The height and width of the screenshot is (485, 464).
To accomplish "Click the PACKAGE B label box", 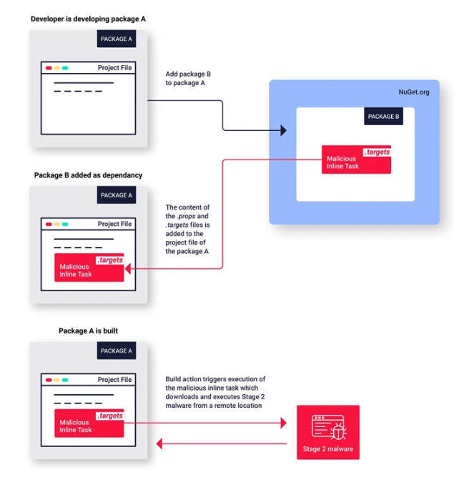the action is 383,117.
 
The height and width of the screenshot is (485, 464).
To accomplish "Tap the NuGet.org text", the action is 414,92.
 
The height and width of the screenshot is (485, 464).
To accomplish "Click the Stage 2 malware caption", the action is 328,449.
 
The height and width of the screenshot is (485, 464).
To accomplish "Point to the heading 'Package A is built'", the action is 88,330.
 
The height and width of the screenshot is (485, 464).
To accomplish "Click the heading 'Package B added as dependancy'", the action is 88,175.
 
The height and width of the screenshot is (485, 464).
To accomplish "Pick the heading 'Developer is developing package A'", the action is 88,19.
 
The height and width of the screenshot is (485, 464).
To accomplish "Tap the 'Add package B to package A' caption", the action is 188,78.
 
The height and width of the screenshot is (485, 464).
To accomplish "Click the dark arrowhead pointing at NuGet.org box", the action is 283,130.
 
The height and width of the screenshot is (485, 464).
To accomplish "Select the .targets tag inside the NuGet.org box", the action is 377,152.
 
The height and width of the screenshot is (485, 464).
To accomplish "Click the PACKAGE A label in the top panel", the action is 117,39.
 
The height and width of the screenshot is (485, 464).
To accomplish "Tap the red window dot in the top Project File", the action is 49,68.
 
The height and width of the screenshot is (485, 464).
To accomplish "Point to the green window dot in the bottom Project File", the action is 65,380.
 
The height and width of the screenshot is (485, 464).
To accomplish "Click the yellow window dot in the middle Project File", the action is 57,224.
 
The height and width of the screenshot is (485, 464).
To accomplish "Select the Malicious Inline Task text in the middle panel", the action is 76,270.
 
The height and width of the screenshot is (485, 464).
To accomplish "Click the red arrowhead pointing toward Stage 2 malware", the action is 283,423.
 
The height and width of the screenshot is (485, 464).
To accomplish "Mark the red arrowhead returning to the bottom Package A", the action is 159,444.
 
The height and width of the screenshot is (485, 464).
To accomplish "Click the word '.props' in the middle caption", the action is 187,216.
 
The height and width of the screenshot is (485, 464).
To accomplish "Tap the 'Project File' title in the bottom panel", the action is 114,380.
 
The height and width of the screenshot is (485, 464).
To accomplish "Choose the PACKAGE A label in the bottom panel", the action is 117,351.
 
